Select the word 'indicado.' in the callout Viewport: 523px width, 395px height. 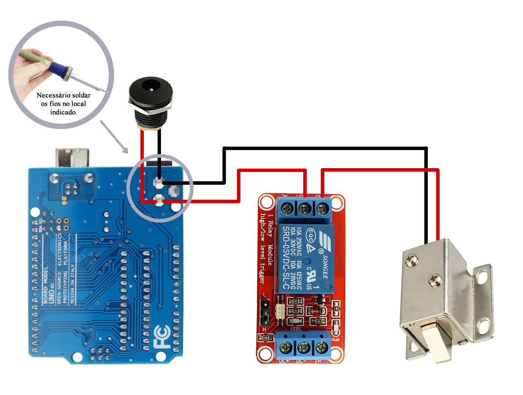coord(64,112)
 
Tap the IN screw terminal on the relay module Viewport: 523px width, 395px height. coord(320,348)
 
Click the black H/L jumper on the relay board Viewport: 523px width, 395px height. coord(265,312)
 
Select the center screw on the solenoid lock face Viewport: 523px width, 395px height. coord(435,278)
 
